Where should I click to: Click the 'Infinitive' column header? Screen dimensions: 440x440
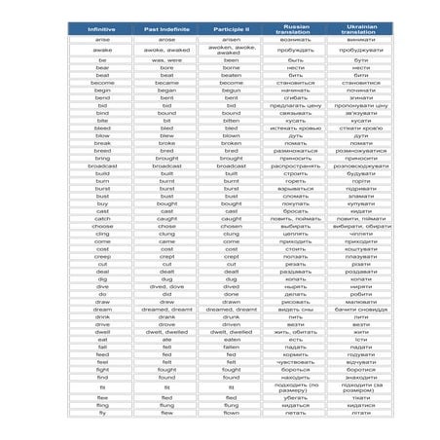102,29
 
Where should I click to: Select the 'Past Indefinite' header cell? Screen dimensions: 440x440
166,29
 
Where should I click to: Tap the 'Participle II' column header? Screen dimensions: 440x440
231,29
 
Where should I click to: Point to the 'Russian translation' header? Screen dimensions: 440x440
295,29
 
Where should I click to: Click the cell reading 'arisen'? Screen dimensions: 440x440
231,39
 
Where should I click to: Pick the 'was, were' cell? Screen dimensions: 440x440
166,60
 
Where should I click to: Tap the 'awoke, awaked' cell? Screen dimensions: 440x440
166,50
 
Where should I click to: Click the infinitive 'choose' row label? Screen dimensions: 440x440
102,226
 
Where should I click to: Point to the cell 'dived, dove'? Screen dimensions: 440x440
166,286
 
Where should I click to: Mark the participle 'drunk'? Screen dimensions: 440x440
231,316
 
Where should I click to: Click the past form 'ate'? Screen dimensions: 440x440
166,339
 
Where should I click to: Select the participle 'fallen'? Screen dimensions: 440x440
231,347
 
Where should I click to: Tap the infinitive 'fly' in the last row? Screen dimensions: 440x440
102,413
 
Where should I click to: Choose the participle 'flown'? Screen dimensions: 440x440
231,413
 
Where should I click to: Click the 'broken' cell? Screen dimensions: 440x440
231,143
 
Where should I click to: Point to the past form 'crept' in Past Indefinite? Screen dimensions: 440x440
166,256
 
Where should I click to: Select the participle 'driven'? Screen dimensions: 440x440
231,324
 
